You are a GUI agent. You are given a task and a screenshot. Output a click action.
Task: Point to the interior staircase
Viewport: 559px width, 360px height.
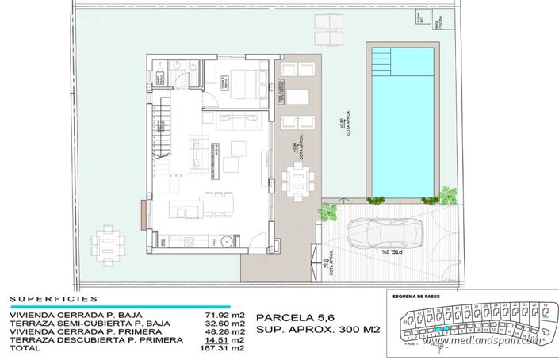pyautogui.click(x=160, y=133)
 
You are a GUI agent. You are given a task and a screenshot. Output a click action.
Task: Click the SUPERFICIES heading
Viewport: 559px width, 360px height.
pyautogui.click(x=54, y=300)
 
